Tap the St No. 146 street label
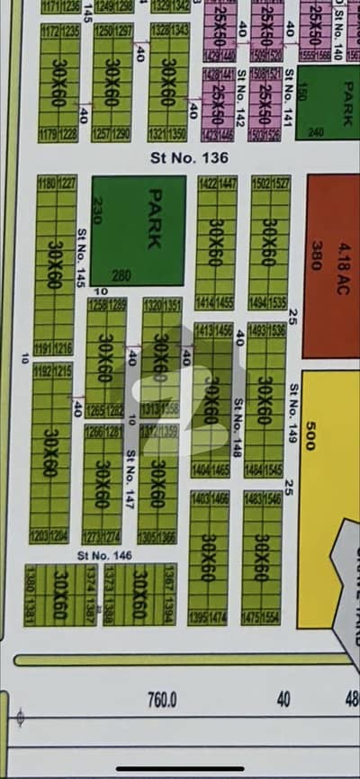(x=105, y=555)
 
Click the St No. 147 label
(x=131, y=469)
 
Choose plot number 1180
(x=46, y=184)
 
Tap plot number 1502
(x=259, y=184)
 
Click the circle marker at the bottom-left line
(x=19, y=716)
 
